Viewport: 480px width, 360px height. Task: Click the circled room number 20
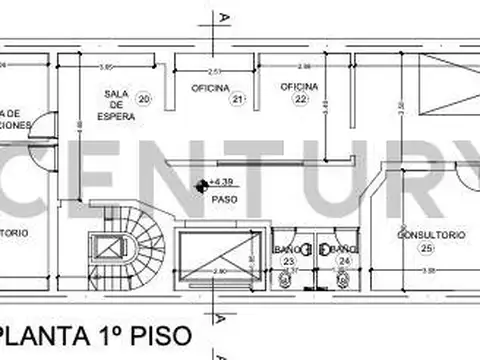tap(144, 98)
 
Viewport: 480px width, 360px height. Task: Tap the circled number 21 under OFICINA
tap(237, 99)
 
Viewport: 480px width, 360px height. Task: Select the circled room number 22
tap(300, 99)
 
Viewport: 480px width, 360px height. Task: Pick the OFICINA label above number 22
tap(300, 85)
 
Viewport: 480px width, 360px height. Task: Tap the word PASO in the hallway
tap(223, 198)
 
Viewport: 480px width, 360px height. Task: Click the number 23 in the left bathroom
tap(289, 261)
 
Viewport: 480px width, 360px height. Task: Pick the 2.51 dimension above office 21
tap(214, 71)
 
